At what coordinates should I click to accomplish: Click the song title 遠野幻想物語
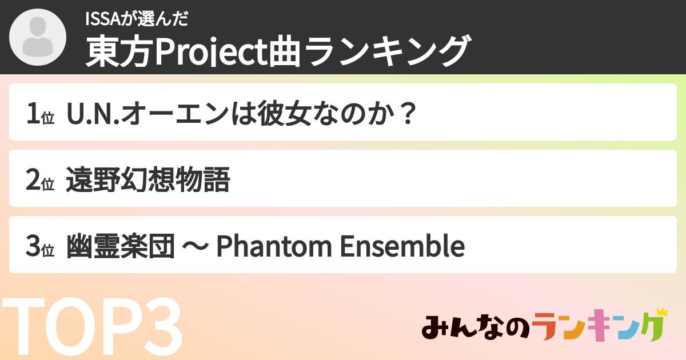click(148, 181)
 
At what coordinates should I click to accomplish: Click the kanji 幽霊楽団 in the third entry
click(121, 247)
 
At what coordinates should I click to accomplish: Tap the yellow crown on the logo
click(662, 312)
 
